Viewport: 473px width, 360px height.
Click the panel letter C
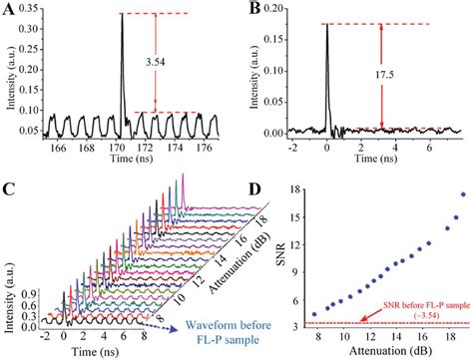click(x=10, y=189)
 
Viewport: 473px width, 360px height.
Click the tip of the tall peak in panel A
click(x=121, y=13)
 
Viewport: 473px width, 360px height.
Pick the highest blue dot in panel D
click(x=463, y=194)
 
